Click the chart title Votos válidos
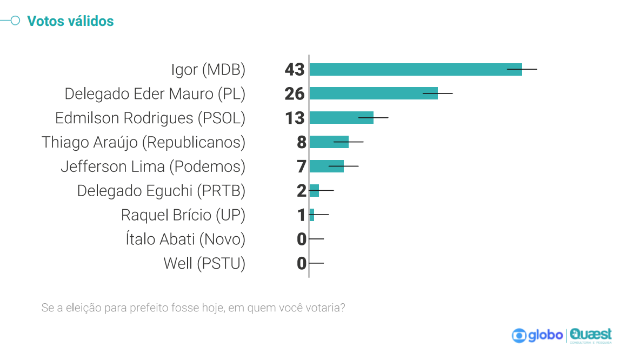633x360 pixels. pyautogui.click(x=70, y=21)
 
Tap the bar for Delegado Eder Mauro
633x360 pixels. pyautogui.click(x=373, y=94)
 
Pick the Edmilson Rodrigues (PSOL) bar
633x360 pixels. pyautogui.click(x=341, y=118)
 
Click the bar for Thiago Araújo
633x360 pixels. pyautogui.click(x=329, y=142)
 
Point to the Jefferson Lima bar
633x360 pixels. pyautogui.click(x=326, y=166)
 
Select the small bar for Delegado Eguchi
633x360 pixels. pyautogui.click(x=314, y=190)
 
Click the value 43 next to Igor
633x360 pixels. pyautogui.click(x=295, y=70)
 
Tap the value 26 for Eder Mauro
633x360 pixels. pyautogui.click(x=295, y=94)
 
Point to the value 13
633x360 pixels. pyautogui.click(x=295, y=118)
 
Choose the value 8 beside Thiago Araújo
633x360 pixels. pyautogui.click(x=301, y=142)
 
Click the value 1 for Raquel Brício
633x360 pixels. pyautogui.click(x=301, y=215)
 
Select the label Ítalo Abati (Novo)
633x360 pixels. pyautogui.click(x=185, y=239)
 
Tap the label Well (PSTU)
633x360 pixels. pyautogui.click(x=204, y=263)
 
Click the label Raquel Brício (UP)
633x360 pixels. pyautogui.click(x=183, y=215)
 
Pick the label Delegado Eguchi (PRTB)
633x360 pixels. pyautogui.click(x=161, y=191)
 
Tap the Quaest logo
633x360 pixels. pyautogui.click(x=591, y=335)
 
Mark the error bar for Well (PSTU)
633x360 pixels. pyautogui.click(x=316, y=263)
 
